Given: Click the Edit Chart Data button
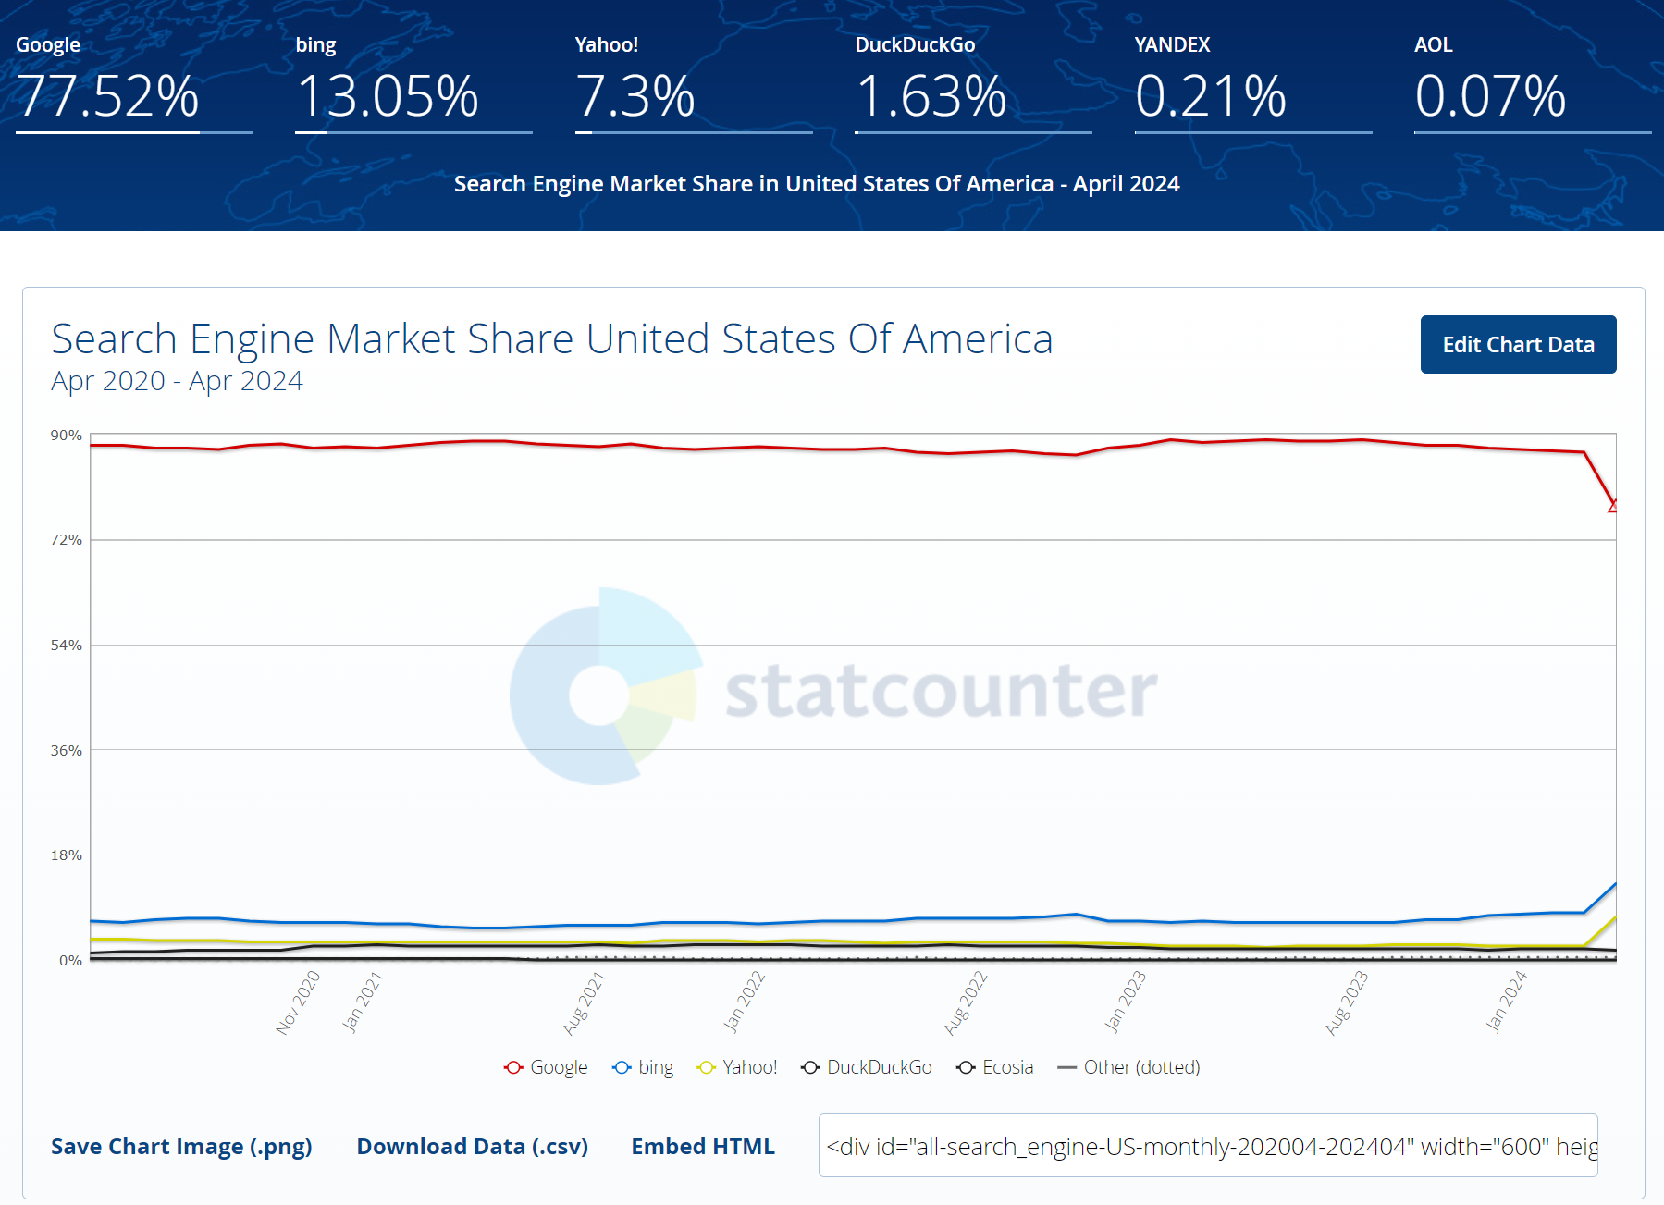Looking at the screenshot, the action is pyautogui.click(x=1518, y=344).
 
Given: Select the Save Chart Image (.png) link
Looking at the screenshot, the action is pyautogui.click(x=181, y=1146).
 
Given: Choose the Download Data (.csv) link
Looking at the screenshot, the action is pyautogui.click(x=473, y=1146).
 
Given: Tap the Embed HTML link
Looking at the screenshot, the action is pyautogui.click(x=703, y=1146).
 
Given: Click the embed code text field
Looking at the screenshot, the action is pyautogui.click(x=1208, y=1146).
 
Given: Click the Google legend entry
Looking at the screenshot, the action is pyautogui.click(x=546, y=1067).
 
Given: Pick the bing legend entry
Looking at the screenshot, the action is pyautogui.click(x=643, y=1067).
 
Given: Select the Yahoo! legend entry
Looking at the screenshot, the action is pyautogui.click(x=737, y=1067).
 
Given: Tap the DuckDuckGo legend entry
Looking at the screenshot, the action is pyautogui.click(x=867, y=1067).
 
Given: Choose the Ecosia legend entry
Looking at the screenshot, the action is pyautogui.click(x=995, y=1067).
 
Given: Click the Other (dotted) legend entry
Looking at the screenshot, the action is pyautogui.click(x=1128, y=1067).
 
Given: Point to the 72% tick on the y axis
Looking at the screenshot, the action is pyautogui.click(x=67, y=539).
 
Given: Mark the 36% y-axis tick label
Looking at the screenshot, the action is pyautogui.click(x=67, y=750).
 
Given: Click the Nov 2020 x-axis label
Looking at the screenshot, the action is pyautogui.click(x=298, y=1002).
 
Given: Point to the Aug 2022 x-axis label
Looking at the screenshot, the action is pyautogui.click(x=966, y=1002).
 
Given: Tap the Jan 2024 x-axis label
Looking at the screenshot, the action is pyautogui.click(x=1506, y=1002).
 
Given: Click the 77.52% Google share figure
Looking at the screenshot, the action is pyautogui.click(x=108, y=96).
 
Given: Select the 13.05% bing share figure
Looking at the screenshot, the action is pyautogui.click(x=388, y=96).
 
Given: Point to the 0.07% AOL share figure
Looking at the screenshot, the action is pyautogui.click(x=1490, y=96).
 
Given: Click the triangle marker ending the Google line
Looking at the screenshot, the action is pyautogui.click(x=1613, y=506).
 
